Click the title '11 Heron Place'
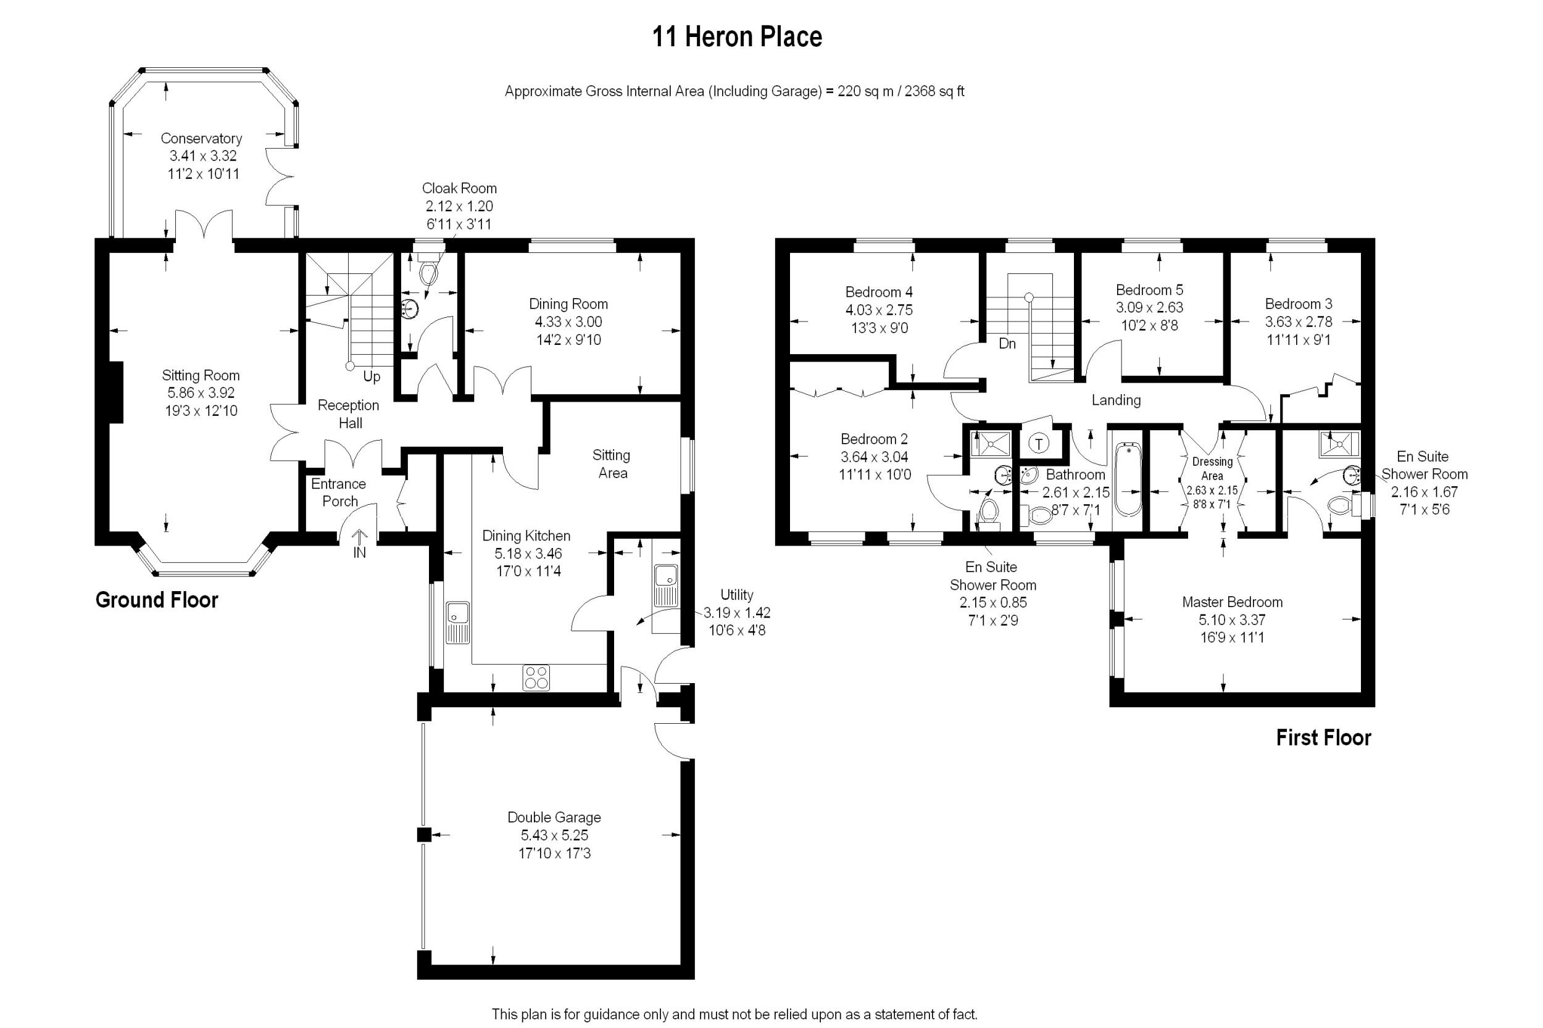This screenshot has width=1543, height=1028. click(x=736, y=37)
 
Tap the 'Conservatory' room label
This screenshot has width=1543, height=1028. click(x=201, y=138)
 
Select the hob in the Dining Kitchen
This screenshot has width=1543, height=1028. click(x=536, y=678)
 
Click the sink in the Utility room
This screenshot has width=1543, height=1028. click(x=665, y=585)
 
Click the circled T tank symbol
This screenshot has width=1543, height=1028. click(x=1039, y=443)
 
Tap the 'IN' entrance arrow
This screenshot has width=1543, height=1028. click(x=359, y=545)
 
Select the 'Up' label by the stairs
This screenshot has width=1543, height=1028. click(x=371, y=377)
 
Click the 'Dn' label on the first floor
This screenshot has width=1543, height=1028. click(x=1007, y=343)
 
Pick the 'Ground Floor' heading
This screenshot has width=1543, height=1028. click(x=157, y=600)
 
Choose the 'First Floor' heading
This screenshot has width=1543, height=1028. click(x=1323, y=737)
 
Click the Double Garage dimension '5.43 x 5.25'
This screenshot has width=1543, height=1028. click(x=554, y=835)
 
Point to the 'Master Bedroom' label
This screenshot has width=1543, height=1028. click(x=1232, y=602)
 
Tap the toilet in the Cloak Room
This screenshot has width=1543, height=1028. click(x=428, y=272)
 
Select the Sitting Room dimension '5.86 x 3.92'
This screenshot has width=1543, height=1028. click(x=201, y=392)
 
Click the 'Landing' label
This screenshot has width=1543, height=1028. click(x=1115, y=400)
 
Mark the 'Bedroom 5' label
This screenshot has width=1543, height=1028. click(x=1150, y=290)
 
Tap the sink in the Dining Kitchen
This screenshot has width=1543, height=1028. click(x=457, y=621)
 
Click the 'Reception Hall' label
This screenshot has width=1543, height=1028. click(x=348, y=413)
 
